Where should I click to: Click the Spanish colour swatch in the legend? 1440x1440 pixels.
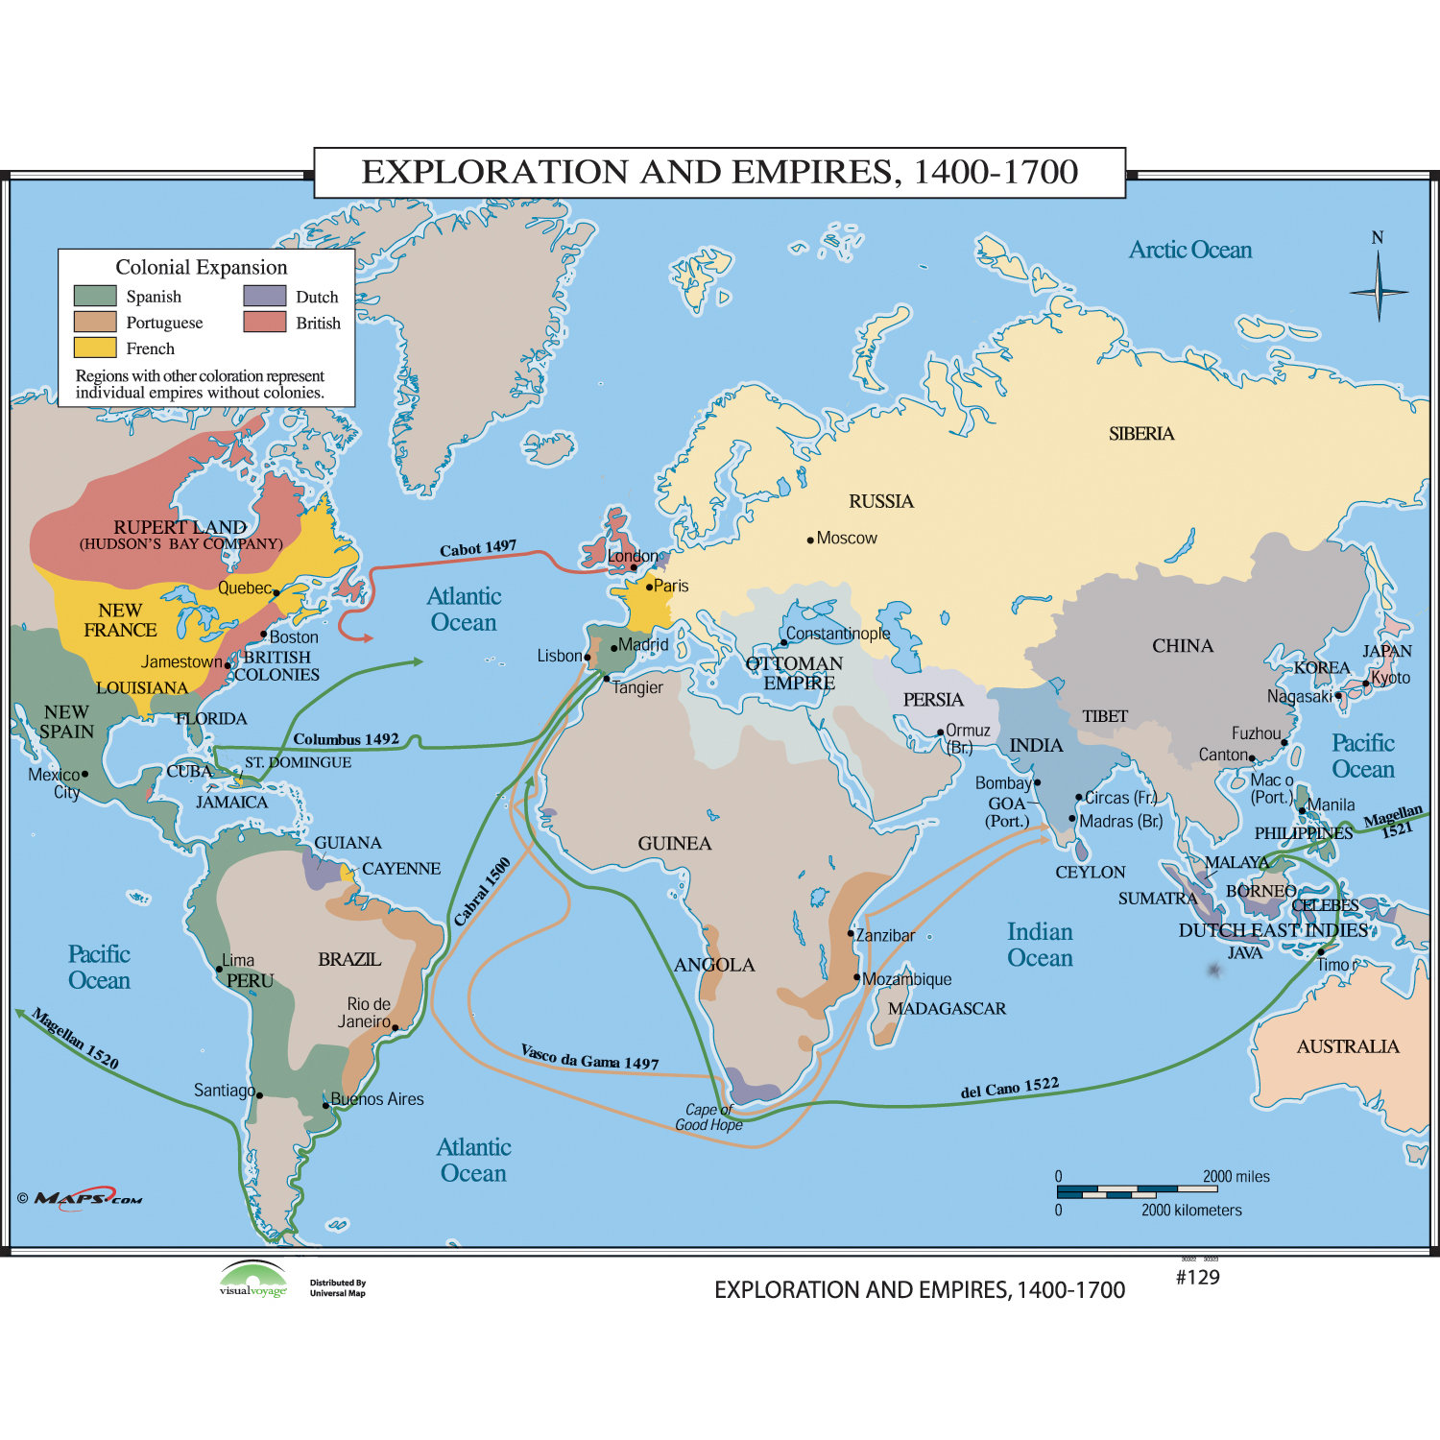94,296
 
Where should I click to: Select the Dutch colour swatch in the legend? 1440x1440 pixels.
264,296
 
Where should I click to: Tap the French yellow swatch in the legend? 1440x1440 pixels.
94,348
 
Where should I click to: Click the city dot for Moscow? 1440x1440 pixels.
810,540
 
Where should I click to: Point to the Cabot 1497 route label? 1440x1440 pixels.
478,548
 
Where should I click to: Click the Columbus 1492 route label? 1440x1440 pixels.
346,739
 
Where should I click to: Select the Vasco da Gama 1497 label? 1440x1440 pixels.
589,1057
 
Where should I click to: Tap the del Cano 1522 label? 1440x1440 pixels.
1009,1089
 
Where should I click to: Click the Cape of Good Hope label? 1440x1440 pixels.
708,1117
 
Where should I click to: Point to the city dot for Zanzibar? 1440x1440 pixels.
851,933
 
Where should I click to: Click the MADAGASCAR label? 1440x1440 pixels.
947,1009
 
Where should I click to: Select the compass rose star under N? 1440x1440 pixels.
1378,290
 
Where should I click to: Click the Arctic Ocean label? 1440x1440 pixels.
1189,251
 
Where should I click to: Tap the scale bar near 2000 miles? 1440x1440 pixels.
1137,1191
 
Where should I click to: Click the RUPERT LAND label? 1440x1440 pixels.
180,527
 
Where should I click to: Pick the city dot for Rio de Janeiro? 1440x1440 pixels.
395,1027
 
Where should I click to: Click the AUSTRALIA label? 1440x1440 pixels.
1347,1046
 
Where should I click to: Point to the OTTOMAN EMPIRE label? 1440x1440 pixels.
794,673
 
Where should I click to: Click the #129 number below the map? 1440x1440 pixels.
1197,1277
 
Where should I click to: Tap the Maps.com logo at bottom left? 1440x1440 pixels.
86,1198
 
